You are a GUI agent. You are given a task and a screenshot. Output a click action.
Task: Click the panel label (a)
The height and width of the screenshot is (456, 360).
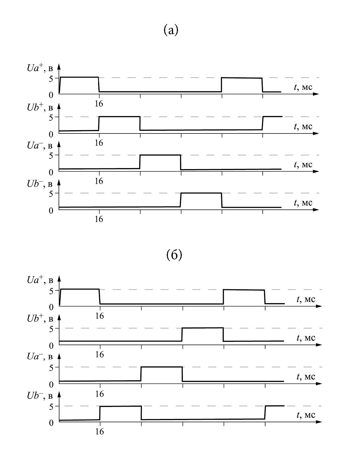(x=171, y=30)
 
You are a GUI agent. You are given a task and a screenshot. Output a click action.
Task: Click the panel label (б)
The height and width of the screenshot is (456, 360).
(x=174, y=255)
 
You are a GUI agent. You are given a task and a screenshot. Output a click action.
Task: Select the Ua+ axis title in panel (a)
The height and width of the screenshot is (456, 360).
(x=40, y=68)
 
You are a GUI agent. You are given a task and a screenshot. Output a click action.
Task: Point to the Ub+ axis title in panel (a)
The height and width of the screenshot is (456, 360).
(x=40, y=107)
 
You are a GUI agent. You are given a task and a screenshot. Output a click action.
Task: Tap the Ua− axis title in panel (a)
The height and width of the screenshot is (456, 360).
(x=40, y=146)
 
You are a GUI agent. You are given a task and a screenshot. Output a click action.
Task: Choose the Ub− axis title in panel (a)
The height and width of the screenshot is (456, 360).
(x=40, y=184)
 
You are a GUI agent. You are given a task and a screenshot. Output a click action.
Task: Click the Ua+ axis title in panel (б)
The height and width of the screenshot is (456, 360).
(x=40, y=280)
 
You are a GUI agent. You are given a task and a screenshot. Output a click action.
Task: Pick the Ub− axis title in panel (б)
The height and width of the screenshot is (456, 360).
(x=40, y=396)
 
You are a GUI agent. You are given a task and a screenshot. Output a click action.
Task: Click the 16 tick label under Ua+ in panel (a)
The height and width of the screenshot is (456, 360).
(x=99, y=104)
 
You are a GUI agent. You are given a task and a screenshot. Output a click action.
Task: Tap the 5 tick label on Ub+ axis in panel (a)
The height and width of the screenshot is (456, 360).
(x=51, y=117)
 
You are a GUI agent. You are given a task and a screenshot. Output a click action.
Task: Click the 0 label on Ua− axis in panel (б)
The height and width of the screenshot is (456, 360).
(x=51, y=385)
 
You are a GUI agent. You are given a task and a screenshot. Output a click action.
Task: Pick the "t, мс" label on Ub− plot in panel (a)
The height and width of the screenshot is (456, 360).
(x=303, y=203)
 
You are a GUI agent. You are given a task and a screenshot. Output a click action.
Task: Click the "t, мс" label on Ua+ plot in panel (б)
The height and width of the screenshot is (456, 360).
(x=306, y=299)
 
